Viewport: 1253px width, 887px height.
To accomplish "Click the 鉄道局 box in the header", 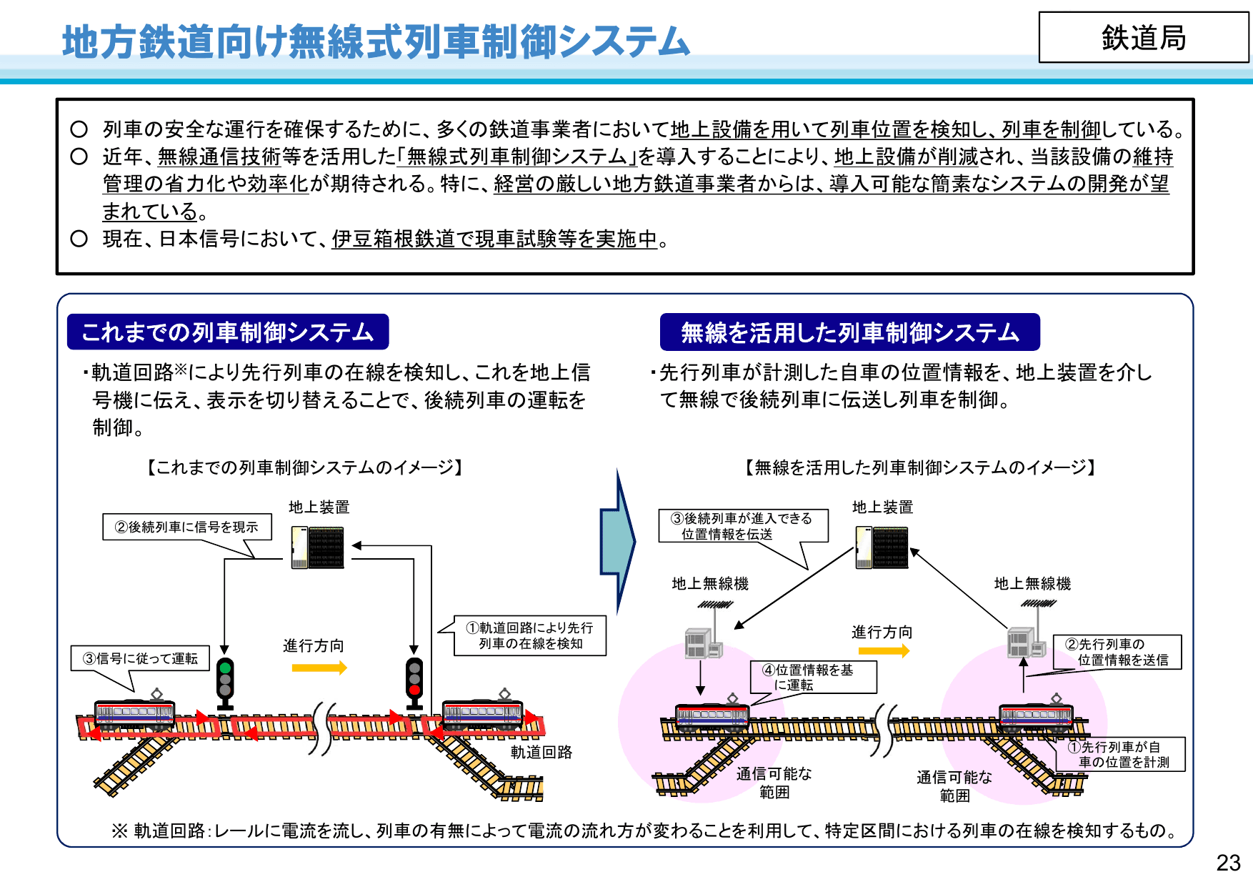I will tap(1143, 38).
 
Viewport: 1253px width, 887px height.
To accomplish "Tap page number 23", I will tap(1228, 863).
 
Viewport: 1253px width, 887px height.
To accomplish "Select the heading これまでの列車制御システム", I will tap(228, 332).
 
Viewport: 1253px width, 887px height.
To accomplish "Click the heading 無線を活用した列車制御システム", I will tap(849, 332).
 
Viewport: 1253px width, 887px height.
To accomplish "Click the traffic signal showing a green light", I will tap(225, 679).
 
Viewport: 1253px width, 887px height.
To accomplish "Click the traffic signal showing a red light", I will tap(414, 679).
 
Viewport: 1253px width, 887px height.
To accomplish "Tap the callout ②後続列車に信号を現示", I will tap(186, 527).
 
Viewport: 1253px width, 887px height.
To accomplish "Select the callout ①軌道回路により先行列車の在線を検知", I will tap(530, 635).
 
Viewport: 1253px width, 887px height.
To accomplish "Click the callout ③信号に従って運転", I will tap(140, 658).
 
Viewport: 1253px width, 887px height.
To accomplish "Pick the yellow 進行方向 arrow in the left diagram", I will tap(319, 668).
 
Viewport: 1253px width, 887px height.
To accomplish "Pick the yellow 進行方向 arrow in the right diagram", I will tap(884, 650).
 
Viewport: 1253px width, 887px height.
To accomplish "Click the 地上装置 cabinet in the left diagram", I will tap(318, 547).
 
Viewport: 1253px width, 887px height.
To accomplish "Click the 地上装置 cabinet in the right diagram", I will tap(882, 547).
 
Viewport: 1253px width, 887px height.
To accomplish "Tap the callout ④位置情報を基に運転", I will tap(813, 677).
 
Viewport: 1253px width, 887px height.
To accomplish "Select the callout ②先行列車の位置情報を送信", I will tap(1117, 652).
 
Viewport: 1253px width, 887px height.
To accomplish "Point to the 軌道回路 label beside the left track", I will tap(541, 752).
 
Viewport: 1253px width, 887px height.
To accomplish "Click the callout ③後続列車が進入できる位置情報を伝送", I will tap(742, 526).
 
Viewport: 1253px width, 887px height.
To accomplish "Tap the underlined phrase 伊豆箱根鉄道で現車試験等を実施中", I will tap(494, 239).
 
